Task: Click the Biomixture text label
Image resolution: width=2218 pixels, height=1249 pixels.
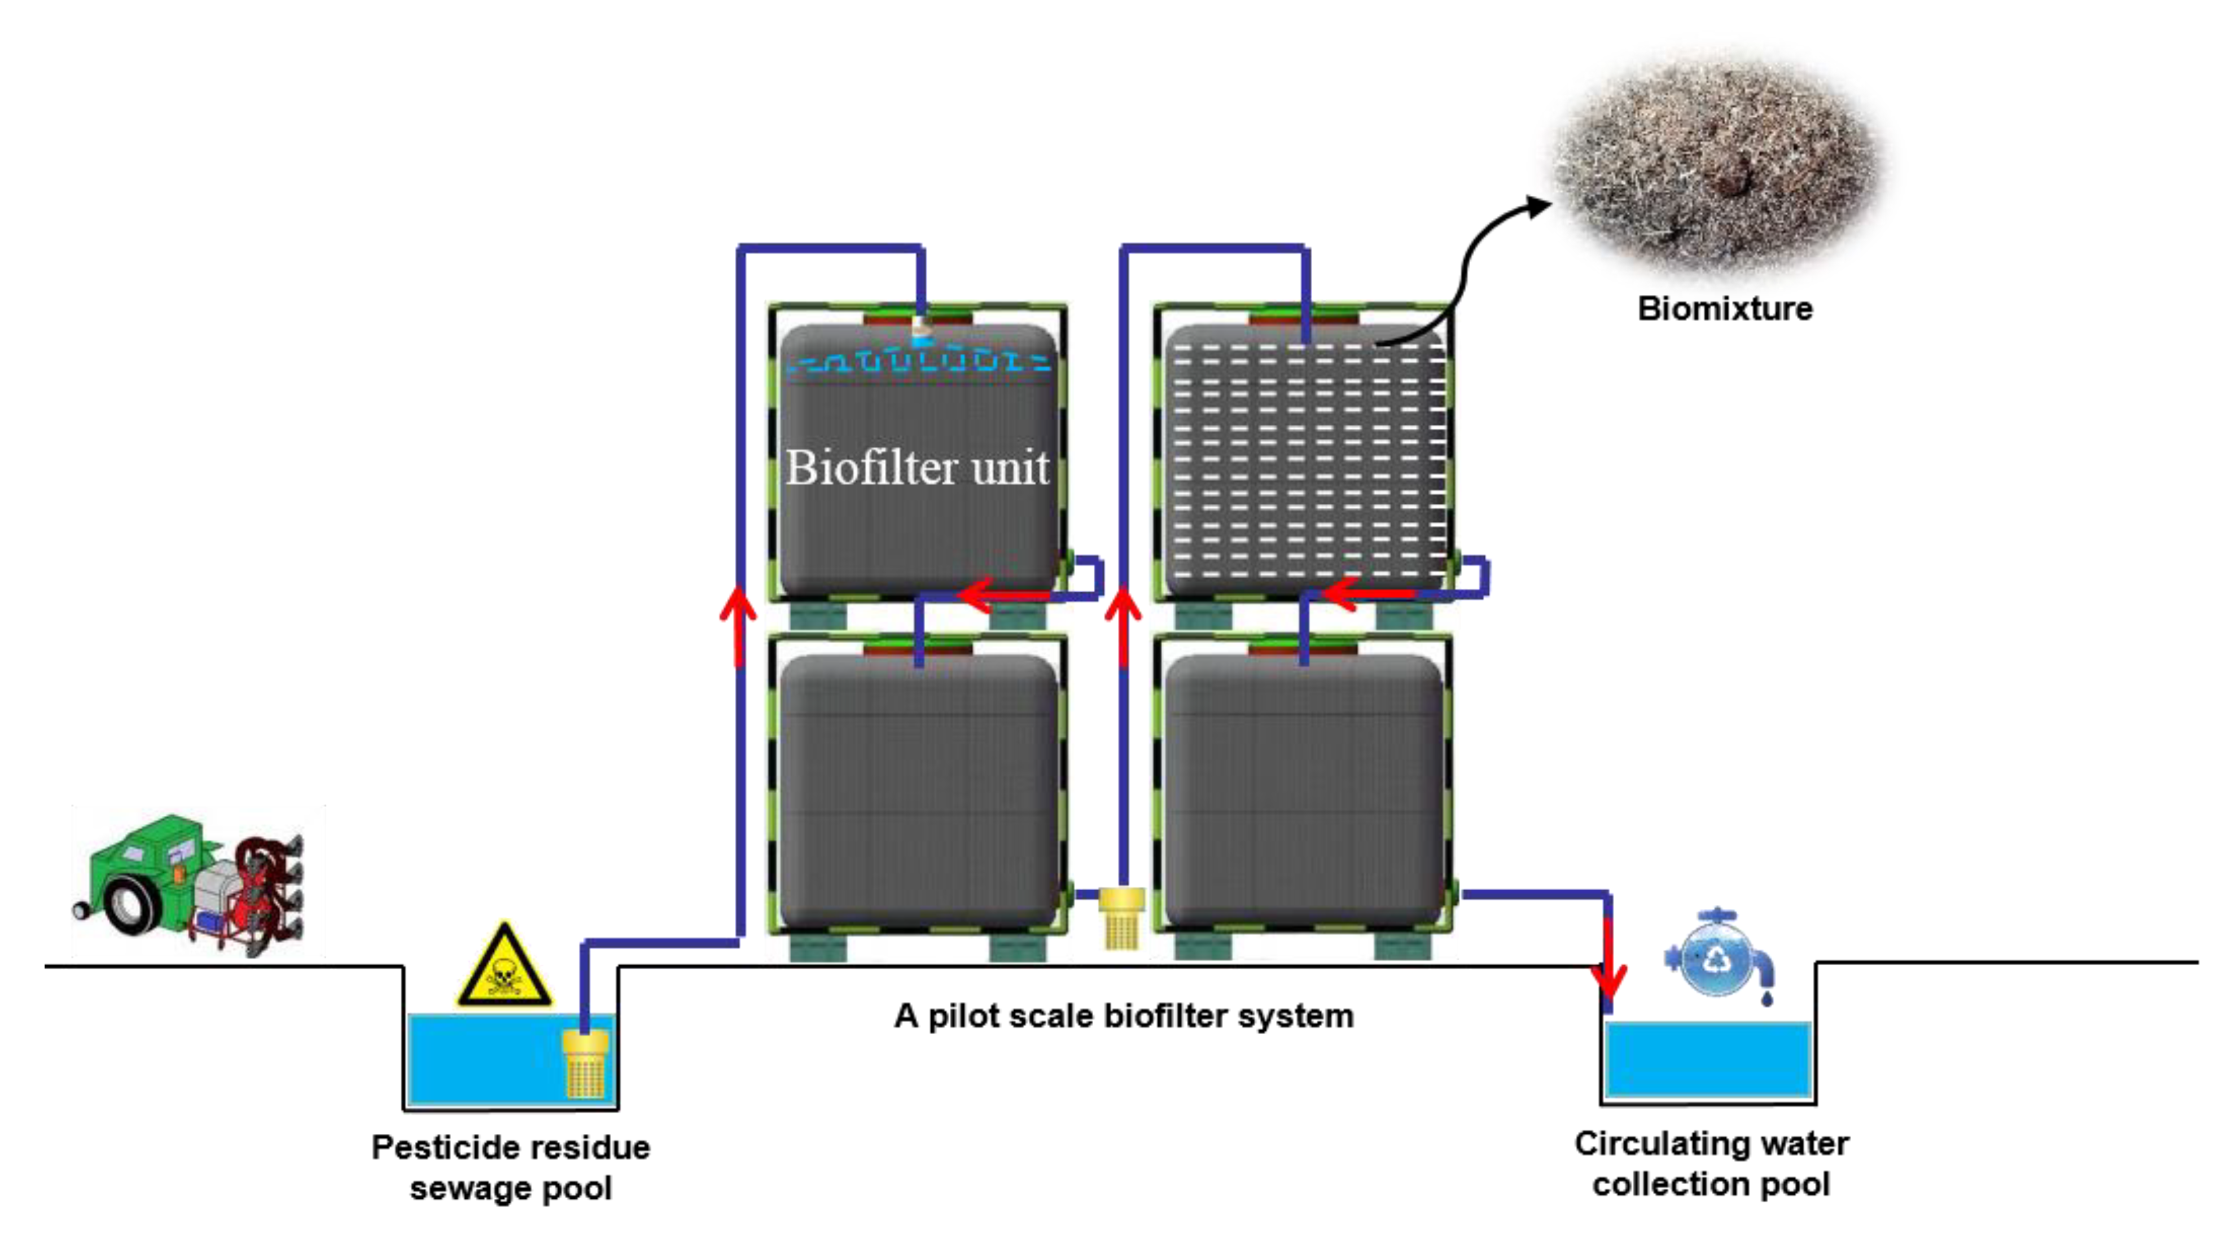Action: point(1725,308)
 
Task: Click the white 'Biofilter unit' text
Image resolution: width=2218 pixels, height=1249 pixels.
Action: point(917,468)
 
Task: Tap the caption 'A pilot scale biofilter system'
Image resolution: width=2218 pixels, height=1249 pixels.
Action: point(1124,1015)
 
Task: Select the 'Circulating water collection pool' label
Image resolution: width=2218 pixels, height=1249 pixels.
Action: point(1711,1164)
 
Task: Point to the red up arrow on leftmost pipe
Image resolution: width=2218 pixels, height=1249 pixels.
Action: point(738,624)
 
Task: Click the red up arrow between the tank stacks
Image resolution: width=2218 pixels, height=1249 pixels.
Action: point(1123,624)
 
